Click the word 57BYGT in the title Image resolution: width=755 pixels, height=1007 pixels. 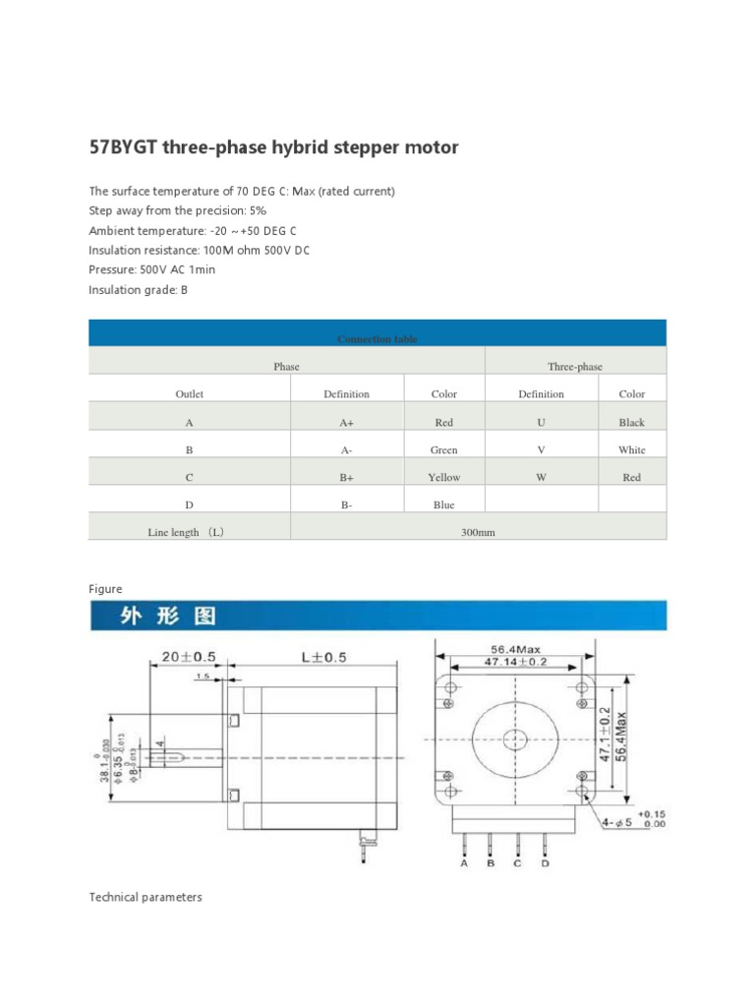click(x=125, y=148)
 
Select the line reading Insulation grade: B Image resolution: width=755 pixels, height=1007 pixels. click(x=138, y=290)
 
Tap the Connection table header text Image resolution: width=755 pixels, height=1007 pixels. click(x=377, y=338)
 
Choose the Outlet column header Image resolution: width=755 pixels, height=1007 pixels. click(x=189, y=393)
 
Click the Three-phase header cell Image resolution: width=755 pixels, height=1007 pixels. click(x=575, y=366)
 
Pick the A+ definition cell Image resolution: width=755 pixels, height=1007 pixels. click(x=346, y=422)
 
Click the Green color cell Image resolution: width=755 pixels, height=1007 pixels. click(x=443, y=449)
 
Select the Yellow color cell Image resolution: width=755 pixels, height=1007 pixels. click(x=443, y=477)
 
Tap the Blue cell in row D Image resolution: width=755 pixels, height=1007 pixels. click(x=443, y=504)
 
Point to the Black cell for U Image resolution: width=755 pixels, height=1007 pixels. click(x=631, y=422)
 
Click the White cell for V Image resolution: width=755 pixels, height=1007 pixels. click(x=631, y=449)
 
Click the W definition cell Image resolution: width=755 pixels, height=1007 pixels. click(x=541, y=477)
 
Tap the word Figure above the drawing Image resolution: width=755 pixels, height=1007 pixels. click(x=105, y=588)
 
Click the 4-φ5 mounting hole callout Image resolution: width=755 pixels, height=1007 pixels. click(x=619, y=821)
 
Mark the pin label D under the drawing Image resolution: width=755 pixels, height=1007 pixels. click(x=545, y=864)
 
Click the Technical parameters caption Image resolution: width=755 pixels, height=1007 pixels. click(x=145, y=897)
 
